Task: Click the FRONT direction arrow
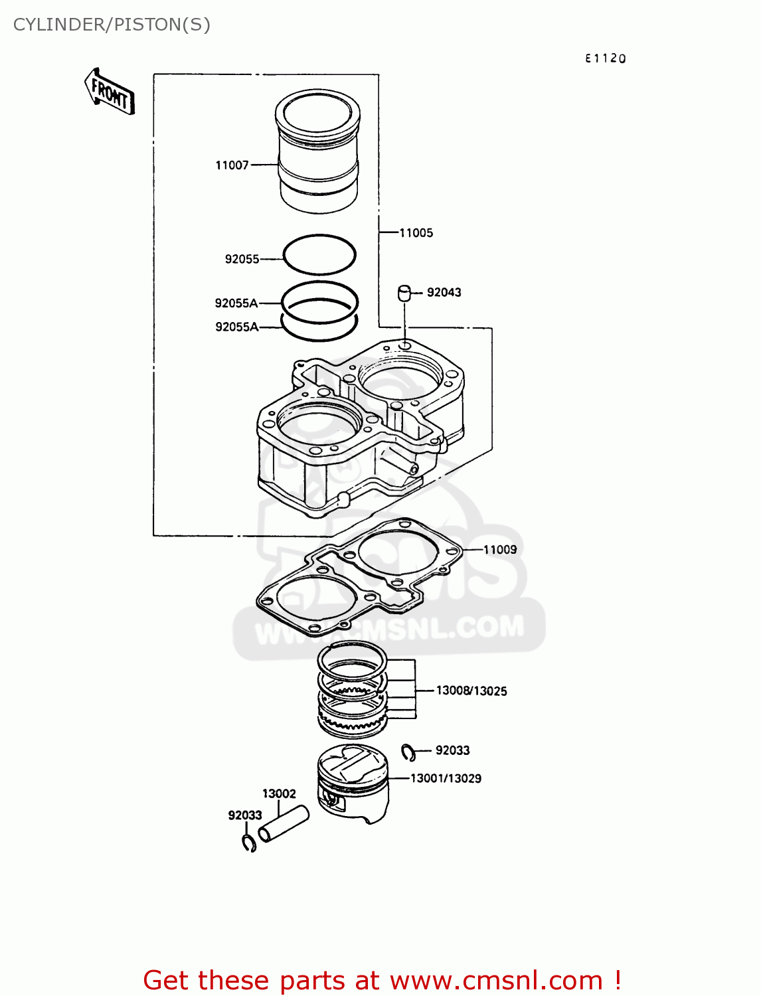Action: [110, 92]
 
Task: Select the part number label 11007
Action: [232, 165]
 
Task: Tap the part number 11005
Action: [416, 233]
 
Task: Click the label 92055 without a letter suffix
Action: [242, 259]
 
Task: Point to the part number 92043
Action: [444, 292]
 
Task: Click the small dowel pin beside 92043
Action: [404, 293]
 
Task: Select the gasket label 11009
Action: [499, 550]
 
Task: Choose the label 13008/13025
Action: [471, 691]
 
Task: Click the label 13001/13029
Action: [446, 778]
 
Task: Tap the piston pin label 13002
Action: [279, 793]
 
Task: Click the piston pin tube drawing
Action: [284, 823]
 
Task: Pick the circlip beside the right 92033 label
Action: [408, 752]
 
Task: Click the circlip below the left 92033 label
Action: [249, 843]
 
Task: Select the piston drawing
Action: [352, 784]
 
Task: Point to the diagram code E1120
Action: [605, 58]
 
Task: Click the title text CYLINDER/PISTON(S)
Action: [112, 25]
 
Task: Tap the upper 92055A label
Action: [236, 303]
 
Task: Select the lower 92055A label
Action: [236, 327]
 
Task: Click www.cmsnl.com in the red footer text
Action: [495, 980]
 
